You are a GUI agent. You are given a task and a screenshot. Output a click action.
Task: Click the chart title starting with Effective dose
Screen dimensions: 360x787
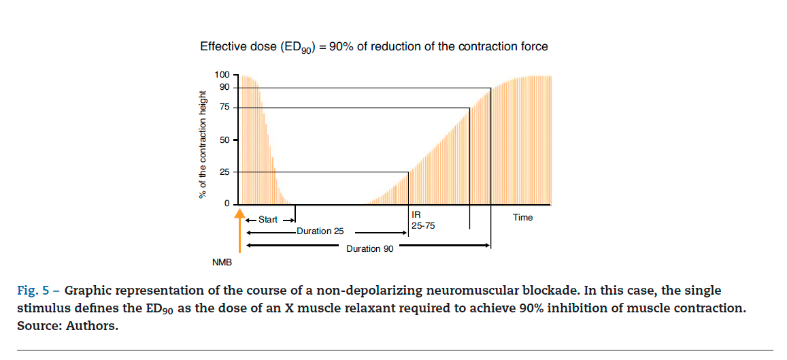[373, 47]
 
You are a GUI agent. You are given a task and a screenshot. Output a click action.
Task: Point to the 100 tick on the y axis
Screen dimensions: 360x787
[222, 74]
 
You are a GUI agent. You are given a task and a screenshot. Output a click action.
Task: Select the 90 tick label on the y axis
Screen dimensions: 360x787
[224, 88]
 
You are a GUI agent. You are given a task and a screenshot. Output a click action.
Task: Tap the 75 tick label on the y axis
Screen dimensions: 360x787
[224, 108]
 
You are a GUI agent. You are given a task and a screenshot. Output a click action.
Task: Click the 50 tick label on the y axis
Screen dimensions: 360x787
[224, 140]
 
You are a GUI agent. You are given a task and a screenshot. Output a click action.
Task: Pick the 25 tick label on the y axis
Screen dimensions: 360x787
[224, 172]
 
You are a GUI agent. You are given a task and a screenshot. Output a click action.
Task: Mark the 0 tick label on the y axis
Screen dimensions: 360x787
[227, 204]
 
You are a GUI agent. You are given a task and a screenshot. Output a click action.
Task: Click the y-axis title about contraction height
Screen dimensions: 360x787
[202, 147]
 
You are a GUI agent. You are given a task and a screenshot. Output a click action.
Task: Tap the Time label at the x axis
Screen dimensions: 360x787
[522, 218]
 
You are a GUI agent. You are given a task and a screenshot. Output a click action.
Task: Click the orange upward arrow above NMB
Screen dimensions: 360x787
[239, 231]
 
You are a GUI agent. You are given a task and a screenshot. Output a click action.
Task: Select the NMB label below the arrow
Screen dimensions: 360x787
[222, 262]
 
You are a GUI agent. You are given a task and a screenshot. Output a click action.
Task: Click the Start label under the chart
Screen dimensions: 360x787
[268, 220]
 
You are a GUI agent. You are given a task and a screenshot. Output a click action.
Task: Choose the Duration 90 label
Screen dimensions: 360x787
[369, 249]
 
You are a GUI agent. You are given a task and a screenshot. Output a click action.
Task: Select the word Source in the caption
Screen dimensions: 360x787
[37, 326]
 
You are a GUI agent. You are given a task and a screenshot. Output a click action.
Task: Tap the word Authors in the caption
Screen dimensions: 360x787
[93, 326]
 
